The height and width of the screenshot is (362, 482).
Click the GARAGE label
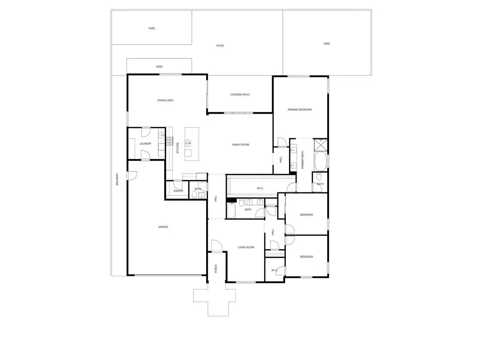pyautogui.click(x=163, y=227)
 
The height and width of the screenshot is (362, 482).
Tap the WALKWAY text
pyautogui.click(x=117, y=180)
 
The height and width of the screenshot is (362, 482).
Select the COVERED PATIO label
pyautogui.click(x=240, y=94)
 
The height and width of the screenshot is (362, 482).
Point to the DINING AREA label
pyautogui.click(x=165, y=100)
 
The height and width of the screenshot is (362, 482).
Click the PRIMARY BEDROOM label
pyautogui.click(x=300, y=109)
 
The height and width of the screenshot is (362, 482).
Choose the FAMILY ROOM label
pyautogui.click(x=241, y=145)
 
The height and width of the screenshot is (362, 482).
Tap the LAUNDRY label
pyautogui.click(x=145, y=144)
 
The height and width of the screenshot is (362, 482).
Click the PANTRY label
pyautogui.click(x=178, y=191)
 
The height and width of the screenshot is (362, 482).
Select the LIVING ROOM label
pyautogui.click(x=246, y=247)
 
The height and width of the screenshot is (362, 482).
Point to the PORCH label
pyautogui.click(x=216, y=269)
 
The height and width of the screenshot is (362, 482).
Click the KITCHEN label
pyautogui.click(x=177, y=148)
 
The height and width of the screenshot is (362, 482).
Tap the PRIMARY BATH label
pyautogui.click(x=303, y=160)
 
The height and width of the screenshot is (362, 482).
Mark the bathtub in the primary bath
pyautogui.click(x=321, y=161)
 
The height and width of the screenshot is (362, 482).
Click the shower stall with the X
pyautogui.click(x=321, y=145)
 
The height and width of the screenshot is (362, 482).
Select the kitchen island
pyautogui.click(x=192, y=144)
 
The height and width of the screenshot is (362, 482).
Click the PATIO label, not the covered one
pyautogui.click(x=220, y=46)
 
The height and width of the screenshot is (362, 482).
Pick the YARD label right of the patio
pyautogui.click(x=327, y=44)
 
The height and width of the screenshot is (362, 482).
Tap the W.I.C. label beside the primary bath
pyautogui.click(x=260, y=188)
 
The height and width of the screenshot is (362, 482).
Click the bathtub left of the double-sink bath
pyautogui.click(x=231, y=210)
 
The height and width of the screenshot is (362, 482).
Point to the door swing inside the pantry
pyautogui.click(x=177, y=186)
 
